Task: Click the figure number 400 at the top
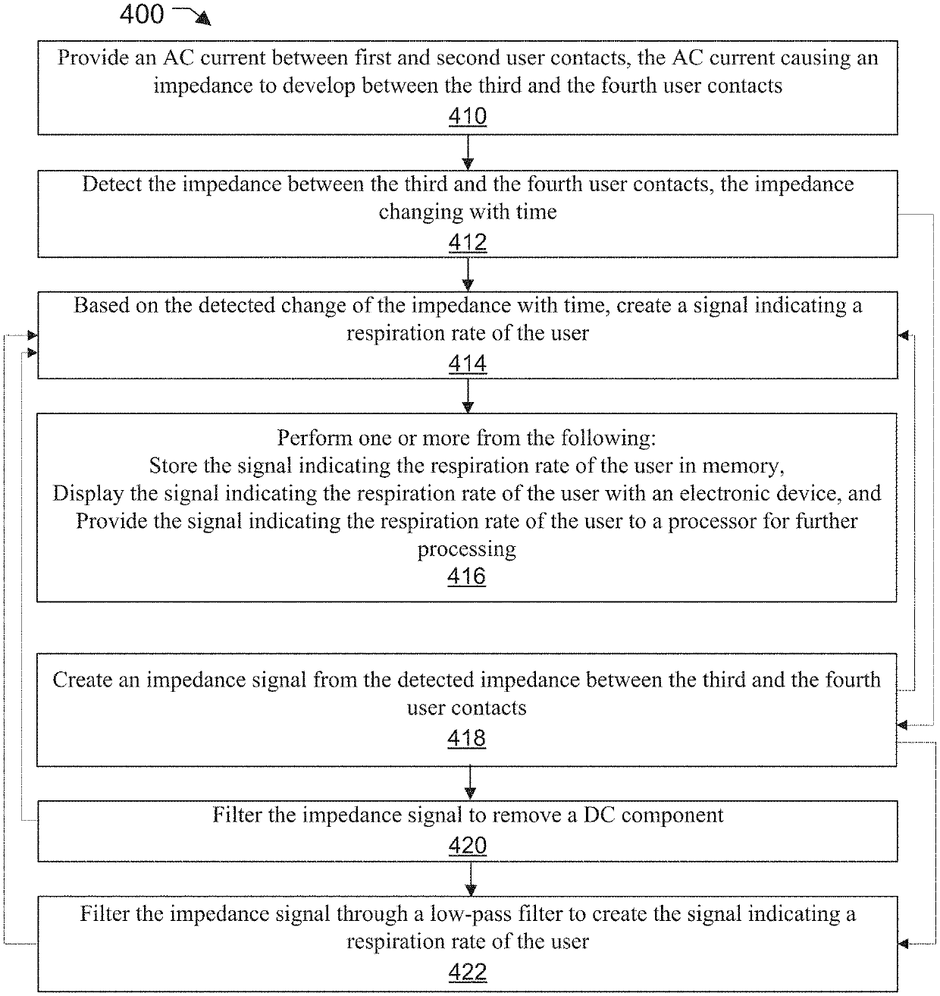coord(142,14)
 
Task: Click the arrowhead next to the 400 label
coord(203,19)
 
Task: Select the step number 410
coord(467,116)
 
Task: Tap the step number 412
coord(467,242)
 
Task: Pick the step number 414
coord(467,363)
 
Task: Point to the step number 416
coord(466,576)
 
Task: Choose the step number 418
coord(466,738)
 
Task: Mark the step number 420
coord(467,845)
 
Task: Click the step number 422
coord(467,972)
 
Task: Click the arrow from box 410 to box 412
coord(467,152)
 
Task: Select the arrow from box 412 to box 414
coord(467,275)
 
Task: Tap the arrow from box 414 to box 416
coord(467,396)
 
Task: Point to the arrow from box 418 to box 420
coord(470,782)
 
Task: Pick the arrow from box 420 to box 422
coord(470,878)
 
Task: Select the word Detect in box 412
coord(112,184)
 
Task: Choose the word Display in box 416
coord(88,494)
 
